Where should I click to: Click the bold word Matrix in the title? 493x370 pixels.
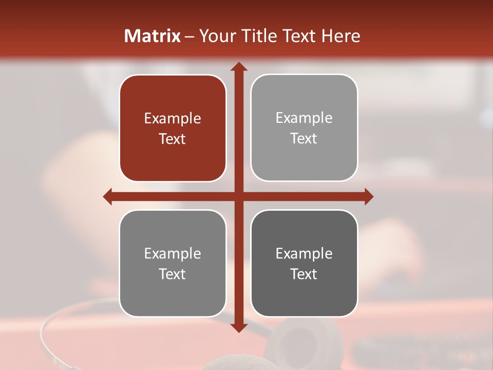click(153, 36)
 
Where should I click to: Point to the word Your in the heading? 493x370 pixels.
click(217, 36)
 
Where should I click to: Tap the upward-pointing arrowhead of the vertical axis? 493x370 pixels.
click(238, 66)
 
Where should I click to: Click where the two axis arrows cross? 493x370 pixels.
click(238, 196)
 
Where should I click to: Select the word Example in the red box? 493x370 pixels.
click(173, 118)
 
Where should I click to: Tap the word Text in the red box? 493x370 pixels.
click(173, 139)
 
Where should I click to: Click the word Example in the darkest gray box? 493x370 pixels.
click(304, 253)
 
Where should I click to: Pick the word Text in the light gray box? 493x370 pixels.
click(304, 138)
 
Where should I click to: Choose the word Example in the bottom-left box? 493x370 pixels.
click(173, 253)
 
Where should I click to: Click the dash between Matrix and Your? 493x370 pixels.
click(190, 36)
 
